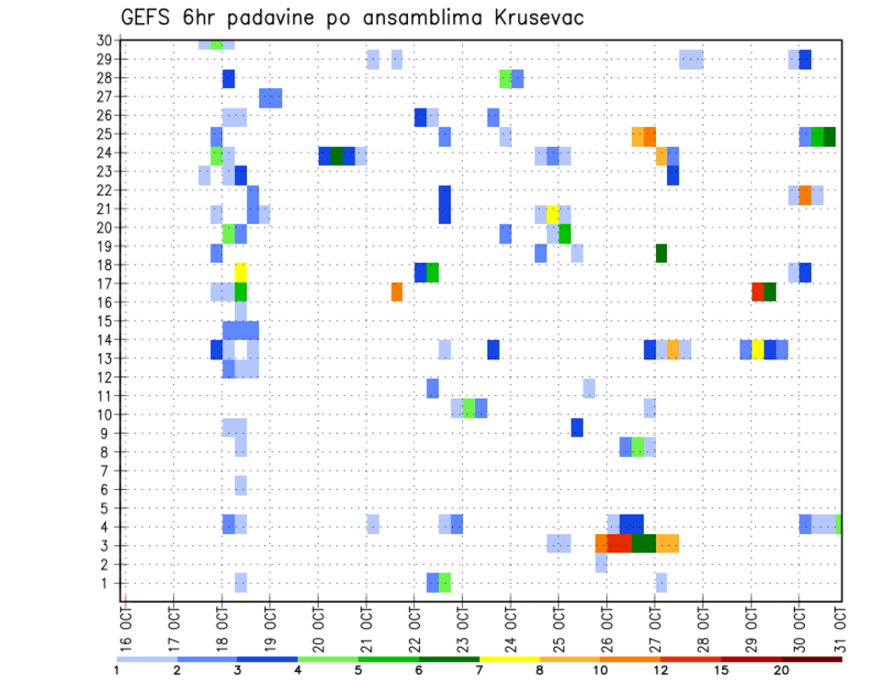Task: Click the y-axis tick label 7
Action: tap(107, 470)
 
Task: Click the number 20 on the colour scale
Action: tap(781, 669)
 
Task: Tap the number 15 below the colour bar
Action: tap(721, 669)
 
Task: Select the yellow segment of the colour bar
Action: tap(510, 659)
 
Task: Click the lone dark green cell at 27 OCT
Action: tap(661, 253)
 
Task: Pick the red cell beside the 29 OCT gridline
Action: tap(758, 291)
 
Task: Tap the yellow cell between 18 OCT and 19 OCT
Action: tap(241, 272)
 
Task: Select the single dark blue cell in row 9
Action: tap(577, 427)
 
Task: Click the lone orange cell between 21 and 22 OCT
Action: tap(397, 291)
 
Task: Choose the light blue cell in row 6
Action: tap(241, 484)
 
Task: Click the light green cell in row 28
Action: tap(505, 78)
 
